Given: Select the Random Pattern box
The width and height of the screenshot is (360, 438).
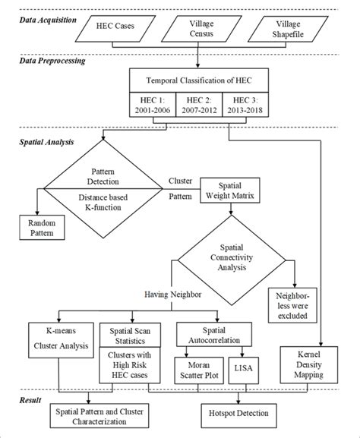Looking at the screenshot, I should [x=43, y=228].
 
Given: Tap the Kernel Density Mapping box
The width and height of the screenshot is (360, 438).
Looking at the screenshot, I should [x=310, y=360].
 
